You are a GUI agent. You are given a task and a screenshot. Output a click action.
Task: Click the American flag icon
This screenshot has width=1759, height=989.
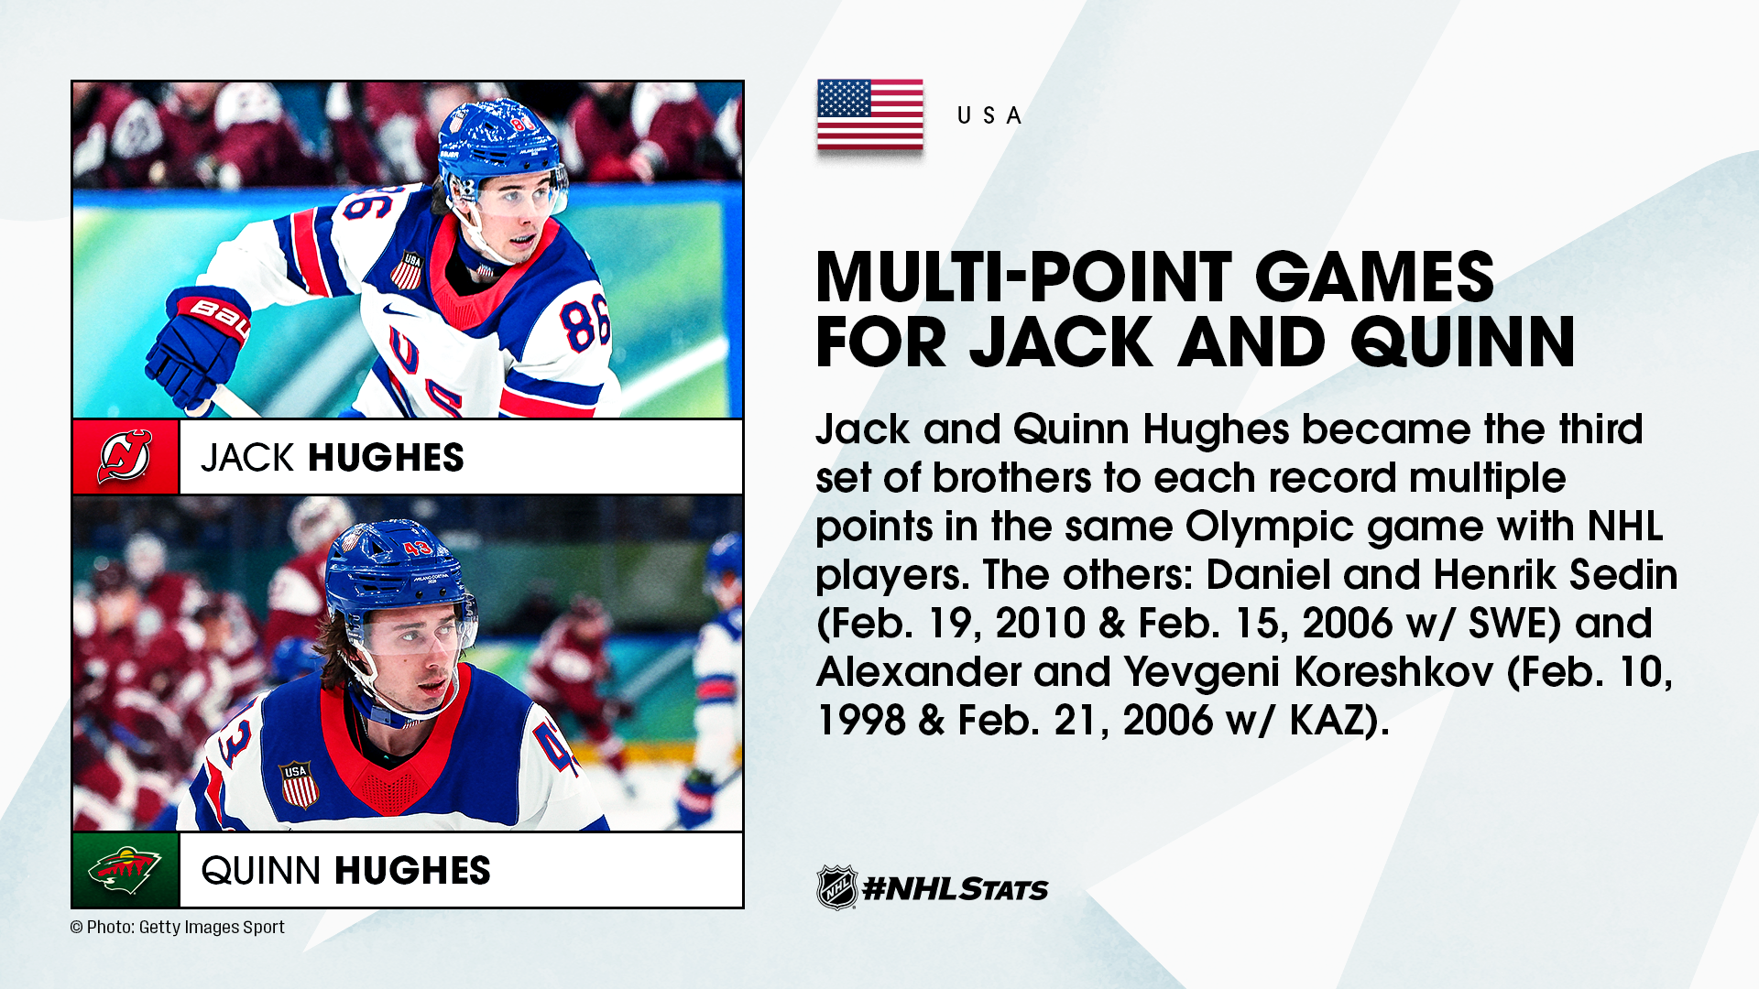(869, 114)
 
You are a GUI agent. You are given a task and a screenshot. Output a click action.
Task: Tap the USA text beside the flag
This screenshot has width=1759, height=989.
(989, 115)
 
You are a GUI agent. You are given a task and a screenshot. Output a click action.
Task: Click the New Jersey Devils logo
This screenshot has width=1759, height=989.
(126, 456)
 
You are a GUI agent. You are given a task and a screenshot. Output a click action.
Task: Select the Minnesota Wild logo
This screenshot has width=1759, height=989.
(126, 870)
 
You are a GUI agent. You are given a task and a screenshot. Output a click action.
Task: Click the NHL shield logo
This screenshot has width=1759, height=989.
(836, 886)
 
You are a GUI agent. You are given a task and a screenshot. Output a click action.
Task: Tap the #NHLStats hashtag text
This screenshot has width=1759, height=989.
(956, 888)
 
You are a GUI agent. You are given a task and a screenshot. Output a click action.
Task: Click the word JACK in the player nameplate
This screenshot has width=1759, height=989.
(248, 458)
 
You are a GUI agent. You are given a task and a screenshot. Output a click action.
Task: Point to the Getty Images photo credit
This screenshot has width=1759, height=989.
(178, 927)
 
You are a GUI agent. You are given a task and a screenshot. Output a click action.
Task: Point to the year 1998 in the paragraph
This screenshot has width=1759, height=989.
(859, 720)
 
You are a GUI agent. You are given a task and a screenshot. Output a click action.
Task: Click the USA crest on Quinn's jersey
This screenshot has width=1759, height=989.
(299, 785)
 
